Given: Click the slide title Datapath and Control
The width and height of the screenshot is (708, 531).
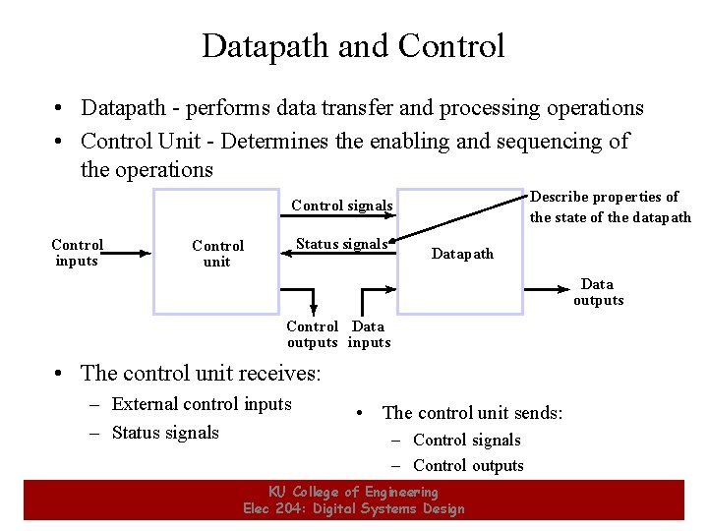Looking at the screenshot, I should pos(353,46).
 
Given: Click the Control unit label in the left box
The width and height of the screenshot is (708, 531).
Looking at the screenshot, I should pos(217,254).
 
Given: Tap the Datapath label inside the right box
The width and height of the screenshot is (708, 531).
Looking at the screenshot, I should pos(462,254).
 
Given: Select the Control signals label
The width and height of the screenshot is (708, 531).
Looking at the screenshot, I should pos(342,206).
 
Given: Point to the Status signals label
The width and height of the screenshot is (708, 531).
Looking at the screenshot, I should pos(342,244).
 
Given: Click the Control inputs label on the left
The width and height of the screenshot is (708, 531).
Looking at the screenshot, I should pos(77,253).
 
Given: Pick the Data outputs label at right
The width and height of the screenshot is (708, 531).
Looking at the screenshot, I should pos(598,292).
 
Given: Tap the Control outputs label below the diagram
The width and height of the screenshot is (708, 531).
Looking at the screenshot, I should pos(312,334).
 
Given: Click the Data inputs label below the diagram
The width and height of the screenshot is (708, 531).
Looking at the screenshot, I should pos(369,334).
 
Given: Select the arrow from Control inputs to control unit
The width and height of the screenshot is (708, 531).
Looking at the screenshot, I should pos(128,253).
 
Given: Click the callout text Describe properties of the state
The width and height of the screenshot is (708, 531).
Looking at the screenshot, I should pos(610,206).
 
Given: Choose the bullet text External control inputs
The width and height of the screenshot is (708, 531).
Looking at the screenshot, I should pos(202,404).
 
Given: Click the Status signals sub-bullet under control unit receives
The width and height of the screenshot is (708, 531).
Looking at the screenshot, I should pos(165,433).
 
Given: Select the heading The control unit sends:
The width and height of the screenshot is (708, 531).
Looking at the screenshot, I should pos(472,413).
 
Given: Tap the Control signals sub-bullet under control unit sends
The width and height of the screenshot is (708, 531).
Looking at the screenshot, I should pos(467,440).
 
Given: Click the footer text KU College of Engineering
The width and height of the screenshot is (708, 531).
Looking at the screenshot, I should pos(353,492).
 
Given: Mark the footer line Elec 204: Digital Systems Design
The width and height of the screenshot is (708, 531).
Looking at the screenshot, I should pos(353,508).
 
